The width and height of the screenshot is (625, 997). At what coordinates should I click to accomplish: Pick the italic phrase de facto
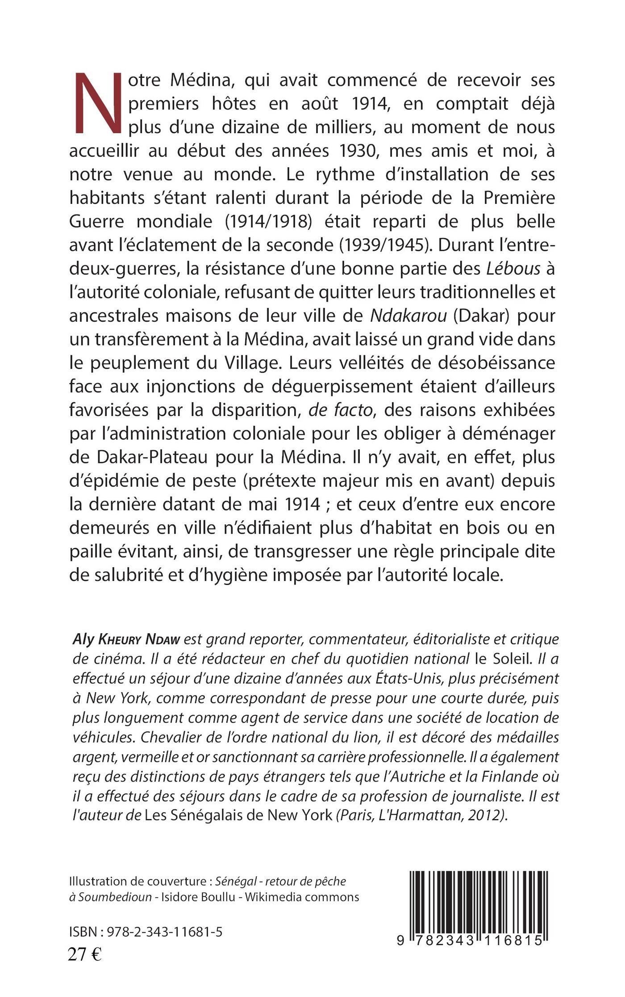(341, 410)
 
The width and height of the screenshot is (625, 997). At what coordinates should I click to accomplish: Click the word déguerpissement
(340, 386)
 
